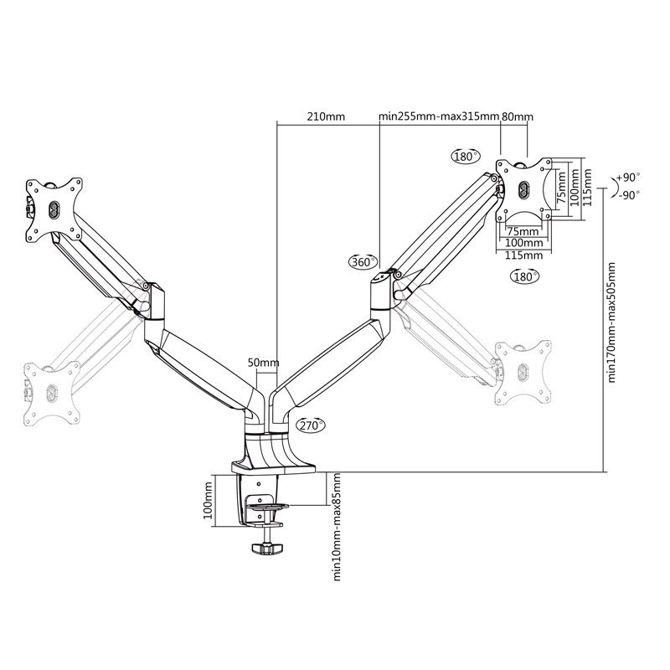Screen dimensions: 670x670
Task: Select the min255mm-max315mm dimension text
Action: (x=439, y=117)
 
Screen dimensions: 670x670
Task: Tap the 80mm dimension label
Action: (x=517, y=117)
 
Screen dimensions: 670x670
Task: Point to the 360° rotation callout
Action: (x=363, y=262)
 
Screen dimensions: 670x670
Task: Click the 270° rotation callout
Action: (x=308, y=425)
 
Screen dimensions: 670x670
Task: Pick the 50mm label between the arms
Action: (x=263, y=363)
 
